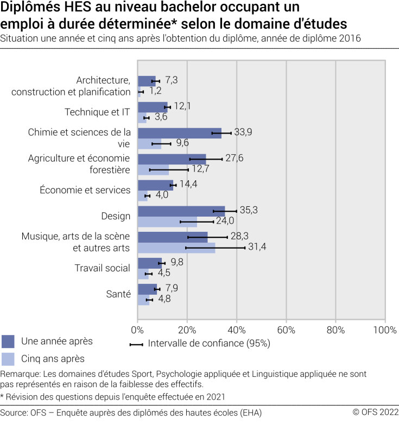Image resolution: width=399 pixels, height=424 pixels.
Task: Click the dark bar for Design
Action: pos(181,211)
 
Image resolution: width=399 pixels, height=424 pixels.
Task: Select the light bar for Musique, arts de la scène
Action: pos(176,248)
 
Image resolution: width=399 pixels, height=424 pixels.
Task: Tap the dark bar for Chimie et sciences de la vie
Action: pos(179,133)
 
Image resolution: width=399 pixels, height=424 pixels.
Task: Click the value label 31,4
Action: pos(256,248)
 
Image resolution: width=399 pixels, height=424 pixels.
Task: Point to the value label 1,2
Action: pos(155,91)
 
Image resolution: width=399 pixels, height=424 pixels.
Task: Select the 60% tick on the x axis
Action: pos(286,330)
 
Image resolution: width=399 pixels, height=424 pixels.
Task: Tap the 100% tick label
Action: pos(385,330)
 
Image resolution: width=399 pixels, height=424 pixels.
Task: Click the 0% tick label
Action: pos(137,330)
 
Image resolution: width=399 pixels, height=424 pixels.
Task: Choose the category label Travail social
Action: pos(102,268)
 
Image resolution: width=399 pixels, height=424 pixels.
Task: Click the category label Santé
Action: pos(118,294)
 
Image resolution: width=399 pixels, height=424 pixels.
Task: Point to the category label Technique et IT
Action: pos(97,112)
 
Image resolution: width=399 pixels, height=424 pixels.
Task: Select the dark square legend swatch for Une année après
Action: pos(8,341)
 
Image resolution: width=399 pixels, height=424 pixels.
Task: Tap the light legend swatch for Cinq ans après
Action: pos(8,359)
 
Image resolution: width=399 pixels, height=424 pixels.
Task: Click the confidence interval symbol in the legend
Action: pos(136,344)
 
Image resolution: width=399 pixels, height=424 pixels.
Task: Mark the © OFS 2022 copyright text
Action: pos(375,413)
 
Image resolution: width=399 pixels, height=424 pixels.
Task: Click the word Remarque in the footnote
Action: pos(18,374)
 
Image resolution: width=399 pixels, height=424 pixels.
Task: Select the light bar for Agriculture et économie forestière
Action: pos(153,169)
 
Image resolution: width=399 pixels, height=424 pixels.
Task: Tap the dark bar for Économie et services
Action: pos(155,185)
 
